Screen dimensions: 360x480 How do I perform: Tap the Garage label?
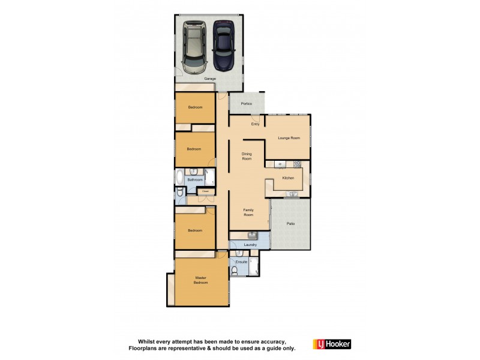[x=209, y=79]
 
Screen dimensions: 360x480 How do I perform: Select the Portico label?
[x=246, y=104]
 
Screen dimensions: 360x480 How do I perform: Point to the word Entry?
[x=255, y=124]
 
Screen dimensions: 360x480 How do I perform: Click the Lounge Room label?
[x=289, y=138]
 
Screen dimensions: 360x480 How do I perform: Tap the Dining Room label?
[x=247, y=156]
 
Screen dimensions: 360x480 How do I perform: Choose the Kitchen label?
[x=288, y=178]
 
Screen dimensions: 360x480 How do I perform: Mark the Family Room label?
[x=248, y=212]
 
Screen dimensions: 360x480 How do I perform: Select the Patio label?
[x=290, y=224]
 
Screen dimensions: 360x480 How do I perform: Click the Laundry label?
[x=251, y=245]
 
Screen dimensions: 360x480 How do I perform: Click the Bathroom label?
[x=194, y=179]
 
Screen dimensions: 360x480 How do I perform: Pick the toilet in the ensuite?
[x=238, y=271]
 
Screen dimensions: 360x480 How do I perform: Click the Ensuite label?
[x=242, y=262]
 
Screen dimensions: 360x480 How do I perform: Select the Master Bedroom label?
[x=200, y=280]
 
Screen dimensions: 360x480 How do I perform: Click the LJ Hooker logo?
[x=332, y=344]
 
